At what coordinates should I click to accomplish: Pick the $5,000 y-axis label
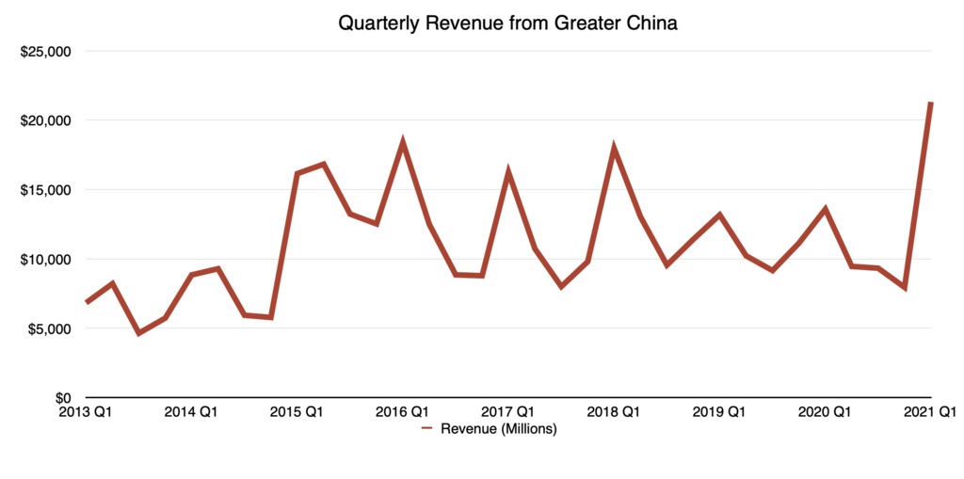(x=50, y=328)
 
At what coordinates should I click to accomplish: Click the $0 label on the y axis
(x=60, y=398)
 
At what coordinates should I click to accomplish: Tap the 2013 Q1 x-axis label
(x=86, y=412)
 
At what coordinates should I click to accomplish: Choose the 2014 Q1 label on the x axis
(x=191, y=412)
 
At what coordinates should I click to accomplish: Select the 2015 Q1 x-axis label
(x=297, y=412)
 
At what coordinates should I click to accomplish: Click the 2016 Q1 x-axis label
(x=402, y=412)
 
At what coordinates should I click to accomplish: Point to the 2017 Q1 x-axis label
(x=508, y=412)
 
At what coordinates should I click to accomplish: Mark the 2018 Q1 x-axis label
(x=614, y=412)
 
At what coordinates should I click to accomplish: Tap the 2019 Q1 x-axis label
(x=719, y=412)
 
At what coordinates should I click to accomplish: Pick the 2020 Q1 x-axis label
(x=825, y=412)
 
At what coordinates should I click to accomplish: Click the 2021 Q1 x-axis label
(x=931, y=412)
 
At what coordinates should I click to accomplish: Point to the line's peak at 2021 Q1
(x=930, y=103)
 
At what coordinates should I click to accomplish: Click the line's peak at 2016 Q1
(x=403, y=143)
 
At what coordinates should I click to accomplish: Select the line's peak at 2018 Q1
(x=614, y=149)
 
